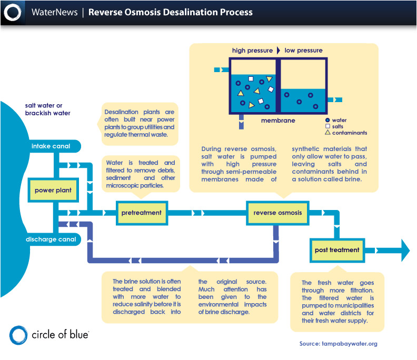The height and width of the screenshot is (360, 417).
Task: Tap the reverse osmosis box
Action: click(277, 213)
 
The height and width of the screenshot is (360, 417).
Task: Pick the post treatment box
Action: click(337, 250)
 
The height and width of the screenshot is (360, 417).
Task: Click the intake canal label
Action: click(51, 146)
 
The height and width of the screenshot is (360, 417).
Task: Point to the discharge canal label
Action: click(51, 239)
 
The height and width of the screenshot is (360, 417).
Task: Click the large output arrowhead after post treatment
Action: click(404, 250)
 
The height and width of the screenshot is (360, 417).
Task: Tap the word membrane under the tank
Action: click(278, 121)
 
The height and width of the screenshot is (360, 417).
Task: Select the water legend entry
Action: click(339, 120)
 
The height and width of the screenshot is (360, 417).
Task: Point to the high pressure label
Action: click(252, 51)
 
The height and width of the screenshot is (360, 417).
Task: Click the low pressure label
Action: click(303, 51)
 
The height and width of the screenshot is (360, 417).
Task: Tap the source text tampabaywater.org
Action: click(338, 344)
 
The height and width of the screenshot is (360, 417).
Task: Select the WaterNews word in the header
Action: click(53, 12)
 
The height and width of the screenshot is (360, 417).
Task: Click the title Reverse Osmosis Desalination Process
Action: click(170, 12)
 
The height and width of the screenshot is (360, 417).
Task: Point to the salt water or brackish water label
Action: click(47, 109)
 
